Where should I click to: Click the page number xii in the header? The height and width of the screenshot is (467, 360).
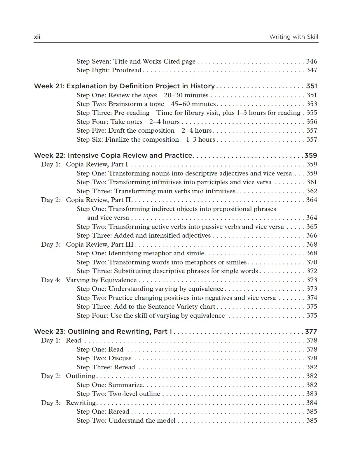[37, 37]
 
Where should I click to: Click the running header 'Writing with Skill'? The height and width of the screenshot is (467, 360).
[293, 37]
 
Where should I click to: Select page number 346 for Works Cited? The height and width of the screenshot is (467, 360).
[312, 61]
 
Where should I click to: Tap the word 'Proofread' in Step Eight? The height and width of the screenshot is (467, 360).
[127, 70]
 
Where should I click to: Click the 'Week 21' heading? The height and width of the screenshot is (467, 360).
[124, 86]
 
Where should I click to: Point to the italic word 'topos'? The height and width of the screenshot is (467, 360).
[150, 95]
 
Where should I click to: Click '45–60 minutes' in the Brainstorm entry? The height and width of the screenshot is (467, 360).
[193, 104]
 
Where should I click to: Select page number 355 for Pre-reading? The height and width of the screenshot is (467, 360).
[312, 113]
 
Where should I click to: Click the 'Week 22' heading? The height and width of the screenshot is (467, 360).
[113, 155]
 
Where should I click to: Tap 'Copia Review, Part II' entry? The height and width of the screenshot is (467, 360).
[99, 200]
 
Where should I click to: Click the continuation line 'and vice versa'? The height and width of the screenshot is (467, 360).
[108, 218]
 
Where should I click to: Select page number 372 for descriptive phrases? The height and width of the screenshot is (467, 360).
[312, 271]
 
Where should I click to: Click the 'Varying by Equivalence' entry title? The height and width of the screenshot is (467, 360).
[101, 280]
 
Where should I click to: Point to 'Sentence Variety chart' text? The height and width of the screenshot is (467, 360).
[181, 307]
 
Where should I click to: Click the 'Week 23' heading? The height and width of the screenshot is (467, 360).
[103, 331]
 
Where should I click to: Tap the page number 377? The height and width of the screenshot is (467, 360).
[311, 331]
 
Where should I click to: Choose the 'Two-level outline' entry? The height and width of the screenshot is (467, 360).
[134, 394]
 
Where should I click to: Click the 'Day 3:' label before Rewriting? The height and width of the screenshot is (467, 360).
[51, 403]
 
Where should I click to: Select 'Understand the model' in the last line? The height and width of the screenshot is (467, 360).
[142, 421]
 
